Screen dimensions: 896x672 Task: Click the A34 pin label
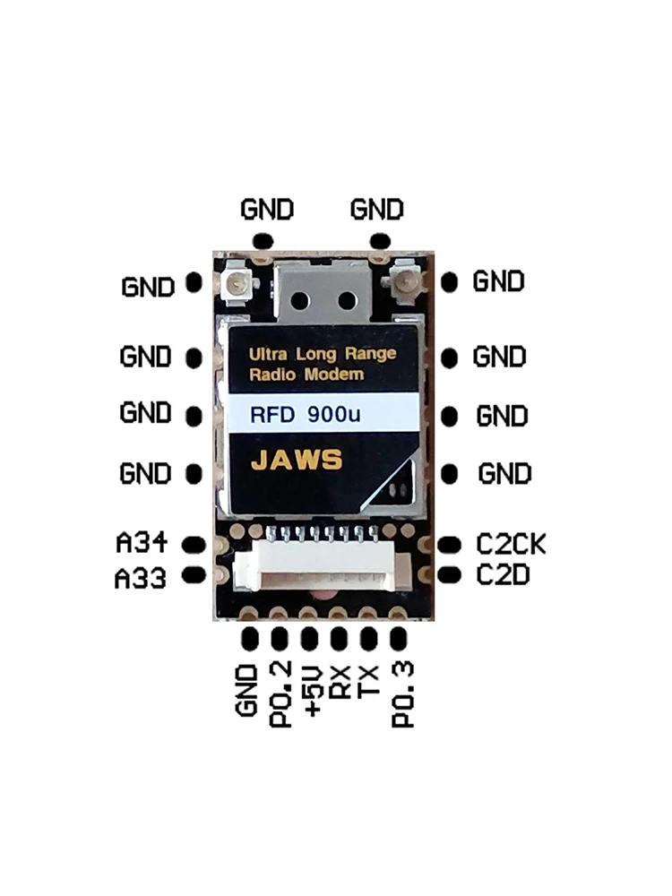[x=142, y=544]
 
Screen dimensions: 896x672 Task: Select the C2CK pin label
[x=511, y=544]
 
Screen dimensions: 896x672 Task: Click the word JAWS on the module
[x=296, y=460]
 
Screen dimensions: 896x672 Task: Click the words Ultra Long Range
[x=322, y=355]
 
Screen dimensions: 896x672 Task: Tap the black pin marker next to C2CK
[x=449, y=544]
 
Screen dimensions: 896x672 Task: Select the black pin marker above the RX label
[x=339, y=638]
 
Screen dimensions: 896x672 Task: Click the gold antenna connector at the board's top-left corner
[x=237, y=286]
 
